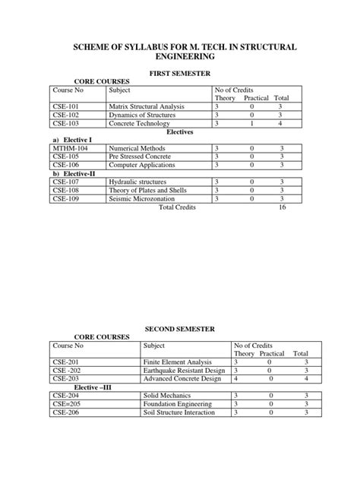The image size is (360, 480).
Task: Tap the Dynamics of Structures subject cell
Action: click(x=141, y=115)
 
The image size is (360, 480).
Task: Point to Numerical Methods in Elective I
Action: click(x=137, y=148)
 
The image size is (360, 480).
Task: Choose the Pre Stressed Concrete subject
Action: click(x=141, y=156)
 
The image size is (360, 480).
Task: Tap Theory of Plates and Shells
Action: click(x=147, y=190)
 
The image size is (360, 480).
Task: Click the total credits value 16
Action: click(x=282, y=207)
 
